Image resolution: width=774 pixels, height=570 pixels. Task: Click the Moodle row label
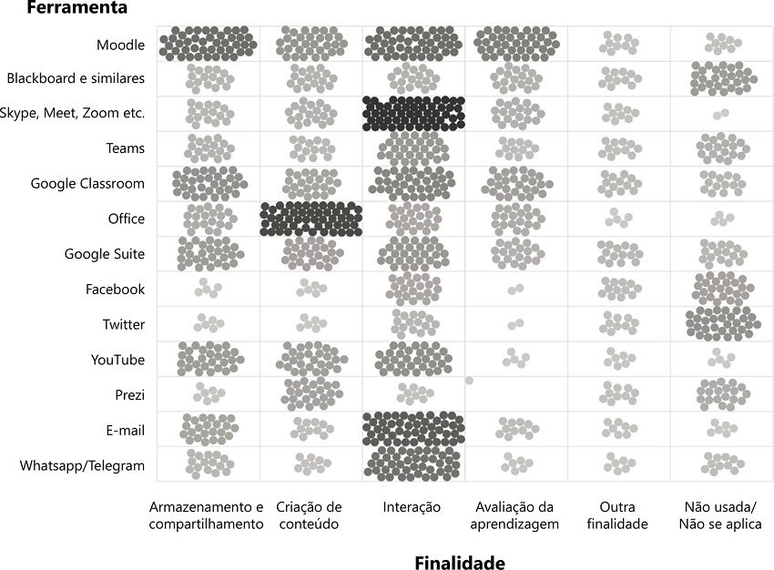pyautogui.click(x=120, y=45)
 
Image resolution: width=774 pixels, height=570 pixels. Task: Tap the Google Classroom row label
pyautogui.click(x=87, y=184)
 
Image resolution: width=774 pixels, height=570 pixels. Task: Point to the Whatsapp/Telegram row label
pyautogui.click(x=82, y=465)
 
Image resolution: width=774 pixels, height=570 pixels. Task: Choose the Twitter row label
pyautogui.click(x=124, y=324)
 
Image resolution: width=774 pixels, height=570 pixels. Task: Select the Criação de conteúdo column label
pyautogui.click(x=309, y=515)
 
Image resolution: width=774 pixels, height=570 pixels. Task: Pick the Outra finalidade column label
pyautogui.click(x=617, y=515)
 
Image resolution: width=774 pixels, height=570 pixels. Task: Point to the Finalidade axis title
pyautogui.click(x=459, y=562)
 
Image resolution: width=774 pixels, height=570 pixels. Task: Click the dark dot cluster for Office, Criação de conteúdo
pyautogui.click(x=311, y=219)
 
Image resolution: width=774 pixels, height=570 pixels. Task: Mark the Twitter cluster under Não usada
pyautogui.click(x=723, y=323)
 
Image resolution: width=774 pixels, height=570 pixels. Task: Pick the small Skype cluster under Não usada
pyautogui.click(x=720, y=114)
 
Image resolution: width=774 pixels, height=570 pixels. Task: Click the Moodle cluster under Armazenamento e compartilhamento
pyautogui.click(x=208, y=44)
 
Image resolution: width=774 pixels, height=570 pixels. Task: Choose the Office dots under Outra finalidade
pyautogui.click(x=618, y=219)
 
